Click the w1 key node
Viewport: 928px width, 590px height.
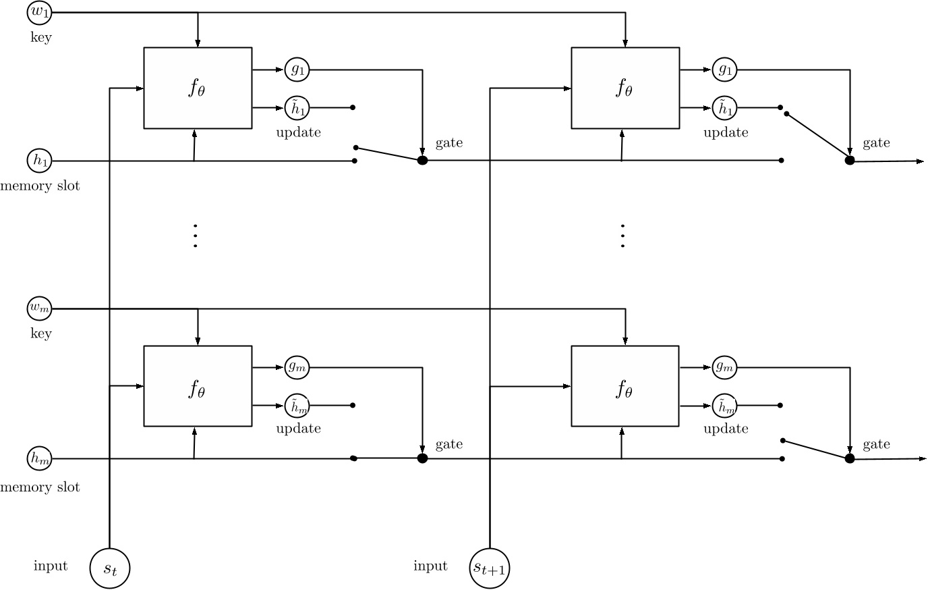click(x=40, y=12)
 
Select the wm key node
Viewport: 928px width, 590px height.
click(x=40, y=309)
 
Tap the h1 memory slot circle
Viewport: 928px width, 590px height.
click(x=40, y=161)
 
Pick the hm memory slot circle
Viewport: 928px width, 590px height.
click(x=40, y=458)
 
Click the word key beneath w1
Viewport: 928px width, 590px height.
click(x=40, y=37)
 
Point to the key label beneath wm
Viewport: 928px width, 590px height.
click(x=40, y=333)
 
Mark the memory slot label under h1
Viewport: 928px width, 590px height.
click(x=40, y=186)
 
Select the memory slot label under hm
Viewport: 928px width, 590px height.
click(x=40, y=487)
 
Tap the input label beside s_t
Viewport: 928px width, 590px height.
click(x=51, y=566)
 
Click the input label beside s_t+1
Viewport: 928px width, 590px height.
click(x=430, y=566)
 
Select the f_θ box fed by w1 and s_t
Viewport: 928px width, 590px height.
click(x=198, y=88)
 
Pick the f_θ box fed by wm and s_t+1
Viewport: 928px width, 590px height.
click(x=625, y=385)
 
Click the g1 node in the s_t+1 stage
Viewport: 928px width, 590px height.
click(x=725, y=69)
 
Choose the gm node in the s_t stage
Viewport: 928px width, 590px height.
click(x=297, y=367)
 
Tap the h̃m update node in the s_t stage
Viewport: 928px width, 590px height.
click(x=297, y=405)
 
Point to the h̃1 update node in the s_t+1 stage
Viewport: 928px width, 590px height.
click(x=725, y=107)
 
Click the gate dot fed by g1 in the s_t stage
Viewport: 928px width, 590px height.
click(x=422, y=161)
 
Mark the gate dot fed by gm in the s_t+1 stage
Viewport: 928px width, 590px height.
click(x=850, y=458)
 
